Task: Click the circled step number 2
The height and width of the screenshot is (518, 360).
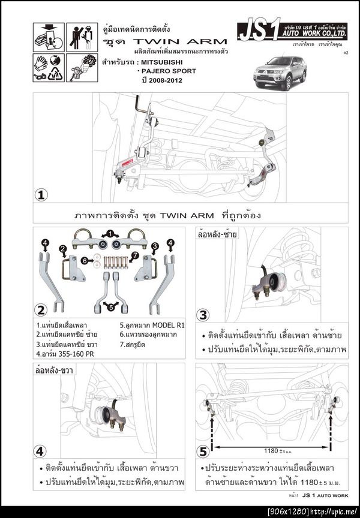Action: [x=41, y=310]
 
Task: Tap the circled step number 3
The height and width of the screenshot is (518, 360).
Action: [x=204, y=315]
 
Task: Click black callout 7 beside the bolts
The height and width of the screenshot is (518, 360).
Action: [x=136, y=256]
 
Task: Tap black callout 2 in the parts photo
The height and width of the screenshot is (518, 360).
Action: [x=62, y=248]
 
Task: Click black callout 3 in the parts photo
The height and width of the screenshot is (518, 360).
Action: [x=154, y=246]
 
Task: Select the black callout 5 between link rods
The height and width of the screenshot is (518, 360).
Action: [x=109, y=307]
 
